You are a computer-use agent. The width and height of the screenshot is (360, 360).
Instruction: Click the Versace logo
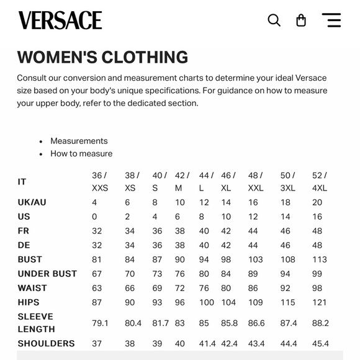[x=60, y=20]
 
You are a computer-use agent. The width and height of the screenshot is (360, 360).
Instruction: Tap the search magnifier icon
[x=274, y=20]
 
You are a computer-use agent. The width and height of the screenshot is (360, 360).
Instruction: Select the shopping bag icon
[x=301, y=20]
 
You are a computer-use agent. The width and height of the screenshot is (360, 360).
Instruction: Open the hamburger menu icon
[x=331, y=20]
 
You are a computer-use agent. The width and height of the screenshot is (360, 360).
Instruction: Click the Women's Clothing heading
[x=102, y=57]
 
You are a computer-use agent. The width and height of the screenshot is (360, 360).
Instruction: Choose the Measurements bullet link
[x=79, y=141]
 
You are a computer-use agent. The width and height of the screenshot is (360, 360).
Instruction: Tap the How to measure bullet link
[x=81, y=153]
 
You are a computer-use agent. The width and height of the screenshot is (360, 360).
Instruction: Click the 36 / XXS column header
[x=99, y=181]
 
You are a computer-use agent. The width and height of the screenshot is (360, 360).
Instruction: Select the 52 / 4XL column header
[x=320, y=181]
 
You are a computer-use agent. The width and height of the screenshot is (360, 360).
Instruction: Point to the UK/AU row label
[x=32, y=202]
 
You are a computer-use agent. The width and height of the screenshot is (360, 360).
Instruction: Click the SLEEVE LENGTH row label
[x=36, y=323]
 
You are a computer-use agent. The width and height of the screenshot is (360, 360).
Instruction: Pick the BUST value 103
[x=255, y=259]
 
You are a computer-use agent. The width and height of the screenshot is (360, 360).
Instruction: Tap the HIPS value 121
[x=319, y=302]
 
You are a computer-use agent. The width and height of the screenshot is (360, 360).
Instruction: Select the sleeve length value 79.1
[x=100, y=323]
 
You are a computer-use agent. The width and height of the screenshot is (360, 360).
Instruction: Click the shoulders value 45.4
[x=320, y=343]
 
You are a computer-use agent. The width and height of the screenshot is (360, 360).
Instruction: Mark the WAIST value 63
[x=97, y=288]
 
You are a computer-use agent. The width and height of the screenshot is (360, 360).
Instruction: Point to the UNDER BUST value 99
[x=317, y=274]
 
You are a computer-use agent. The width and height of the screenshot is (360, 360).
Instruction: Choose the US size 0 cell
[x=94, y=217]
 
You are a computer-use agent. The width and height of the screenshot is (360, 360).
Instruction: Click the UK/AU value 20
[x=317, y=202]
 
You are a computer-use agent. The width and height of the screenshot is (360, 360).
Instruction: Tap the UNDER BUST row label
[x=47, y=274]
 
